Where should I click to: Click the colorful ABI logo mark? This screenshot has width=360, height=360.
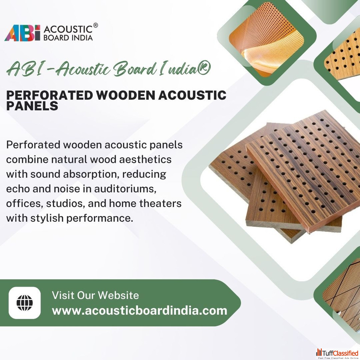click(x=22, y=33)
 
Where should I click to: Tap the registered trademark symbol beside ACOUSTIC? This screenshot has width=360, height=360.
click(x=96, y=25)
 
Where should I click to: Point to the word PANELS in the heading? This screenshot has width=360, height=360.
click(x=32, y=106)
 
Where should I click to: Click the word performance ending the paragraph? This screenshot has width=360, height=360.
click(x=100, y=218)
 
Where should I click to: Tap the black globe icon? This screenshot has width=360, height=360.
click(x=25, y=303)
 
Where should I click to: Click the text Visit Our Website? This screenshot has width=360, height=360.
click(x=95, y=295)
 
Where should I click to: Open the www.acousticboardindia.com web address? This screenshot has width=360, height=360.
click(x=139, y=310)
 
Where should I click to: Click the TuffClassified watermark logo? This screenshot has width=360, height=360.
click(x=337, y=354)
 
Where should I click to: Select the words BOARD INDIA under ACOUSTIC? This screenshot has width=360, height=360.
click(x=68, y=37)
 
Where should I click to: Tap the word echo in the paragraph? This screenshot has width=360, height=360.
click(x=18, y=189)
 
